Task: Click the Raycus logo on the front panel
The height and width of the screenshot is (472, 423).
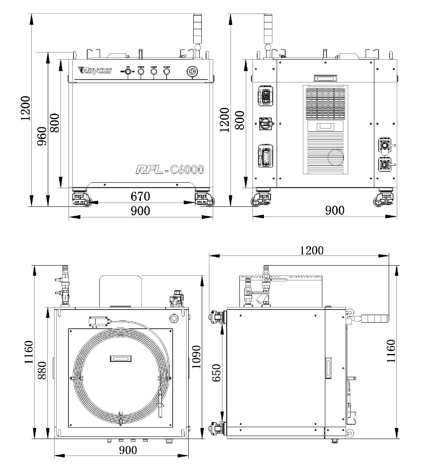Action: point(96,70)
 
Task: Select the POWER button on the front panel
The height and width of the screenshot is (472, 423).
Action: point(141,72)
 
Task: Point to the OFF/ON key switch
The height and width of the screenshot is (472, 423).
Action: point(128,72)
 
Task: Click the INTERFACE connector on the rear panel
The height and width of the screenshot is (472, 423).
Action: point(265,97)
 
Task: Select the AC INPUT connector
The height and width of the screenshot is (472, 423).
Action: point(265,156)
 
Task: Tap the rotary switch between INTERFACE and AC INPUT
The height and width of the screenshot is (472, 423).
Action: point(265,123)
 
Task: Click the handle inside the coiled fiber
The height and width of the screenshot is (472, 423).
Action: point(120,358)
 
